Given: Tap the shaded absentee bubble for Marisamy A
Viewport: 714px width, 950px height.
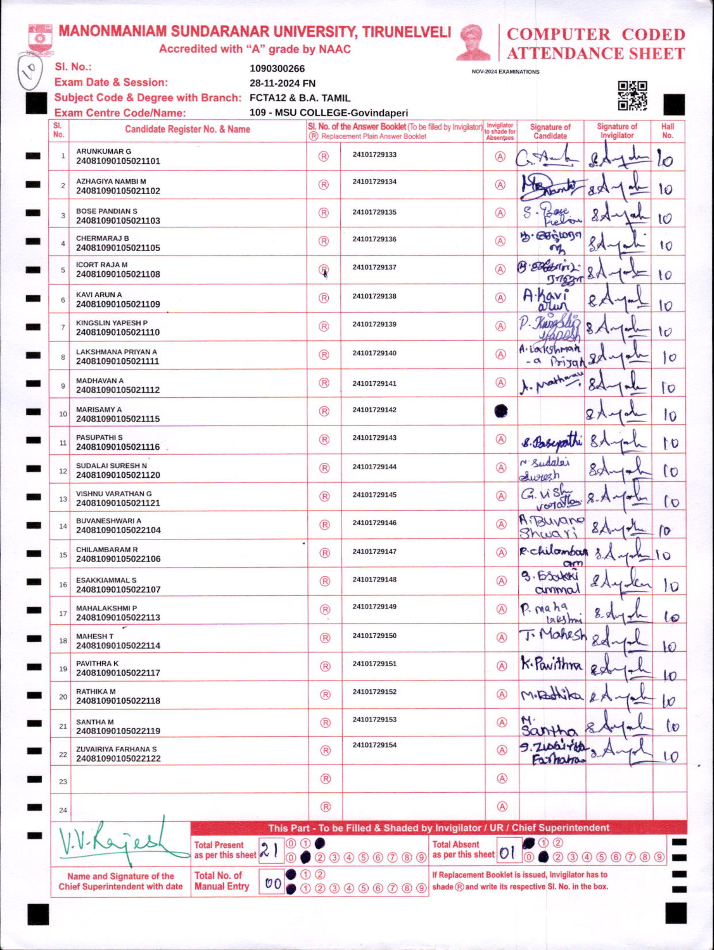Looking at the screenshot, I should (x=500, y=411).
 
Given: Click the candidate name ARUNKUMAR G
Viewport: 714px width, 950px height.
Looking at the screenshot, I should (x=104, y=152).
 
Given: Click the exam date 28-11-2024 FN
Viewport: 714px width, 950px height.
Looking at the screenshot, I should (x=282, y=83).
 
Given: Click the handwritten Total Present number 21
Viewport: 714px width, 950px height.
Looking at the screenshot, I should (x=269, y=849).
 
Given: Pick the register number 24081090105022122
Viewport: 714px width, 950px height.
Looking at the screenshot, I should (x=118, y=758).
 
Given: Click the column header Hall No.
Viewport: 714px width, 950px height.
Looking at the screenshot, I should (x=667, y=131).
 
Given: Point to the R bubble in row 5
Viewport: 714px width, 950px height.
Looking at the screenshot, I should (x=323, y=269).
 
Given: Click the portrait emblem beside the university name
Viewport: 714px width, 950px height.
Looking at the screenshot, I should (x=474, y=42).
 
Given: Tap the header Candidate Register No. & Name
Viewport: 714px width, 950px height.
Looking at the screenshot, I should (x=187, y=129).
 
